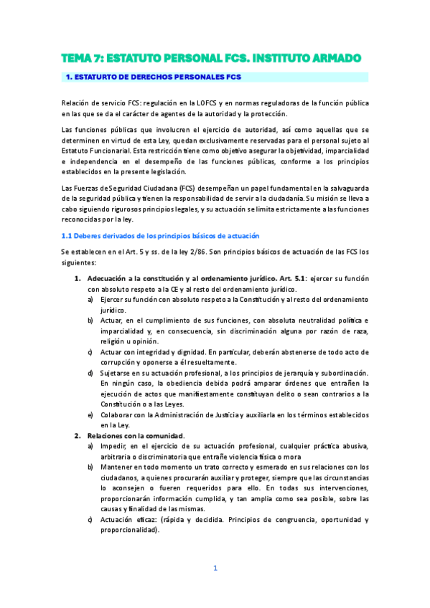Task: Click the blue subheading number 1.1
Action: click(68, 236)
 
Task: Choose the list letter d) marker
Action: click(90, 373)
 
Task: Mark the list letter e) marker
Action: click(90, 415)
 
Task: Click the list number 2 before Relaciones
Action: click(78, 436)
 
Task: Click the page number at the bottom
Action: click(215, 569)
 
